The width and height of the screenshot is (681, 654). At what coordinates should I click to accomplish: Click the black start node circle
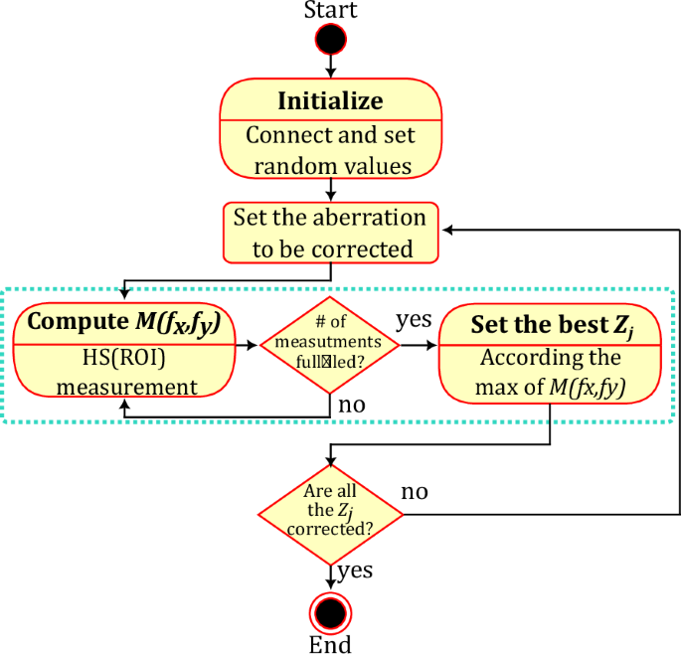330,40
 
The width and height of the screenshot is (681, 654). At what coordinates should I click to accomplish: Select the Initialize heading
330,101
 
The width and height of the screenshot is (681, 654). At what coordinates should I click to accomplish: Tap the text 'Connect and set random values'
330,150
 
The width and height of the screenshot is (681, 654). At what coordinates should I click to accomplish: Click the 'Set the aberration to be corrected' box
329,232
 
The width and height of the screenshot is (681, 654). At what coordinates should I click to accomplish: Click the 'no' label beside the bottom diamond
417,493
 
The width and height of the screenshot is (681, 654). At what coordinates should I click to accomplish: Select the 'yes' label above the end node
355,571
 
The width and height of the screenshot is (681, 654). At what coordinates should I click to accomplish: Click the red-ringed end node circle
330,609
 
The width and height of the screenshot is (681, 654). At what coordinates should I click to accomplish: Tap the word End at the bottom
330,644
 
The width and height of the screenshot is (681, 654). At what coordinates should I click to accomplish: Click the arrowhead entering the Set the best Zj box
432,345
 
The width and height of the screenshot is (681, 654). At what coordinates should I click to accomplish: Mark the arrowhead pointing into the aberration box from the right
448,230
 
